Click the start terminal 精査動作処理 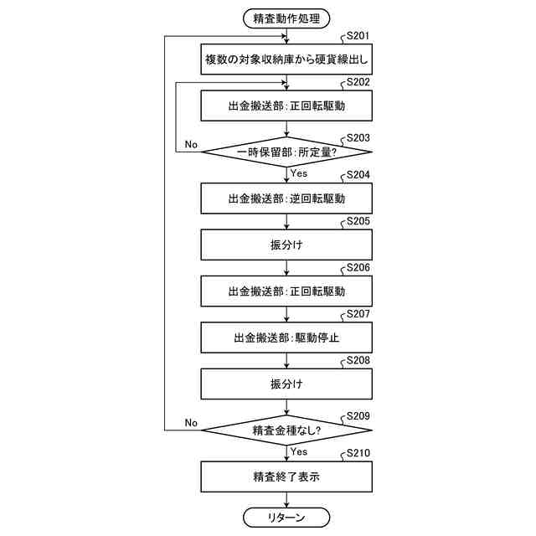[x=286, y=16]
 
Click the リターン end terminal [x=286, y=518]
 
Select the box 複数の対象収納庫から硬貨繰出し [x=286, y=60]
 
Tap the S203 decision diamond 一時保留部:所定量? [x=286, y=152]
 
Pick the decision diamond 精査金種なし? [x=286, y=430]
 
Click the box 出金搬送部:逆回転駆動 [x=286, y=199]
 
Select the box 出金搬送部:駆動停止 [x=286, y=338]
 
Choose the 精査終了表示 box [x=286, y=477]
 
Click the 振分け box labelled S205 [x=286, y=245]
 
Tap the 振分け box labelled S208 [x=286, y=384]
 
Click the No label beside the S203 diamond [x=191, y=144]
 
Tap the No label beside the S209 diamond [x=191, y=422]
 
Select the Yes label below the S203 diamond [x=299, y=173]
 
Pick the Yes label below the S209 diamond [x=299, y=451]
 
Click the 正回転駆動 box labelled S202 [x=286, y=106]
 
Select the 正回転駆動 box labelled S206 [x=286, y=291]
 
